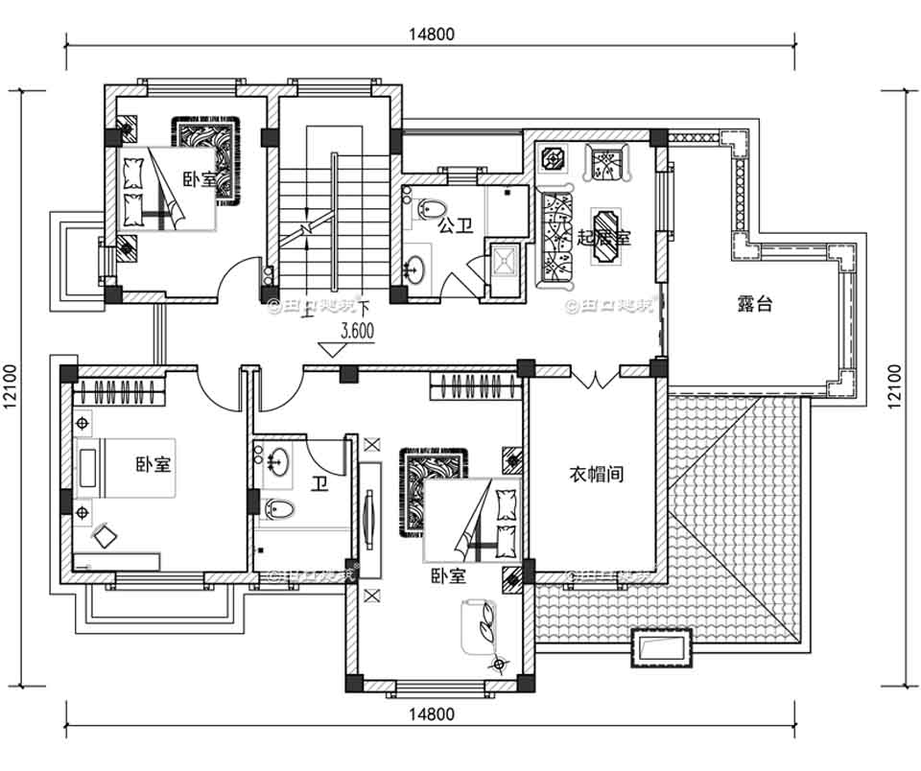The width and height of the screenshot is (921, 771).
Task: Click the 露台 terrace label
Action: pos(755,305)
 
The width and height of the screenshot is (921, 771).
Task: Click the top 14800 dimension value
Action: pos(431,33)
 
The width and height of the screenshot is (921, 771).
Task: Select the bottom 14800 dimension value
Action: pos(431,714)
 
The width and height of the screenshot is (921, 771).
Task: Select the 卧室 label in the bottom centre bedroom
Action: pos(447,576)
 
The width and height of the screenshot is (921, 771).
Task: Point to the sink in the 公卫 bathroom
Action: pos(416,269)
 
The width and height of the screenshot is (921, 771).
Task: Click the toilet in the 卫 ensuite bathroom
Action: pos(274,508)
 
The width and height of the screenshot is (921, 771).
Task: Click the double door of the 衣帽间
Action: pos(595,379)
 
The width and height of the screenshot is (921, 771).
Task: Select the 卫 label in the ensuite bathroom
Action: pos(319,483)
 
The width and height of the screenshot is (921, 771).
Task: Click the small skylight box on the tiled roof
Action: pos(661,647)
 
